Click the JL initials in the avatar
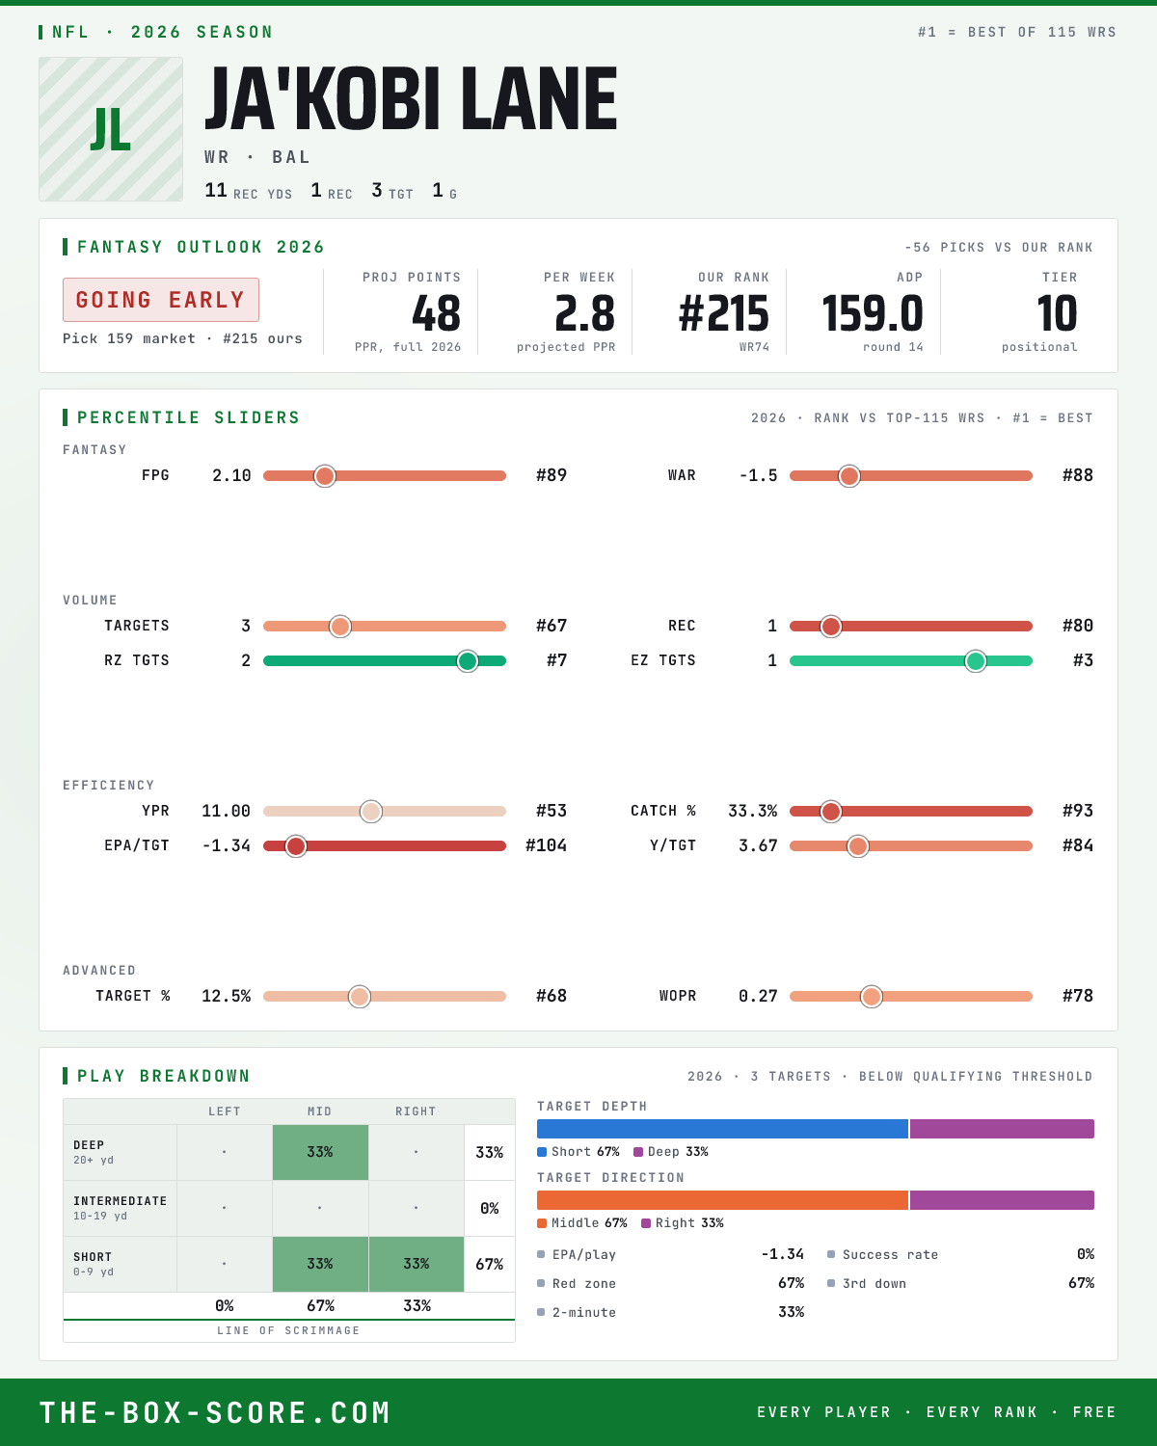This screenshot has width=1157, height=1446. click(x=110, y=130)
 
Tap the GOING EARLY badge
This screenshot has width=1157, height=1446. click(x=161, y=300)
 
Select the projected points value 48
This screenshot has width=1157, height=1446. click(x=437, y=314)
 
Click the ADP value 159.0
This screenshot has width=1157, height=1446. click(x=872, y=314)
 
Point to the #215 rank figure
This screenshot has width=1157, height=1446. click(x=723, y=314)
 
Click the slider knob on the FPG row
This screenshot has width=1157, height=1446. click(x=325, y=475)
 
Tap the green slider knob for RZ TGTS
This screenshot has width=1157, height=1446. click(x=468, y=661)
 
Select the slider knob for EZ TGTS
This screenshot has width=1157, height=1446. click(x=976, y=661)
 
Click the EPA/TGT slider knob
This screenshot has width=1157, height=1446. click(x=296, y=846)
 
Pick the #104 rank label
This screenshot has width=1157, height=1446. click(x=546, y=845)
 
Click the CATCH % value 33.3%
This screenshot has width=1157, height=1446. click(x=752, y=811)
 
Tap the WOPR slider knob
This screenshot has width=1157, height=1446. click(x=872, y=997)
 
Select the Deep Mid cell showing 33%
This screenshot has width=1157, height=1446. click(x=320, y=1152)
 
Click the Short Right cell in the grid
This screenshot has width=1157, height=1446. click(x=417, y=1264)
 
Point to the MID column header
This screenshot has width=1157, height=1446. click(x=319, y=1111)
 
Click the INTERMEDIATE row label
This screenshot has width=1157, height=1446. click(x=120, y=1201)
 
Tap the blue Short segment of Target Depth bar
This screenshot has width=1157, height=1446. click(x=723, y=1129)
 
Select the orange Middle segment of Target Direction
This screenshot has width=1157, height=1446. click(x=723, y=1200)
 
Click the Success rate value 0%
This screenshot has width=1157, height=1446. click(x=1085, y=1254)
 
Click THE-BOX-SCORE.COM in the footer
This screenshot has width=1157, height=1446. click(x=215, y=1412)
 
